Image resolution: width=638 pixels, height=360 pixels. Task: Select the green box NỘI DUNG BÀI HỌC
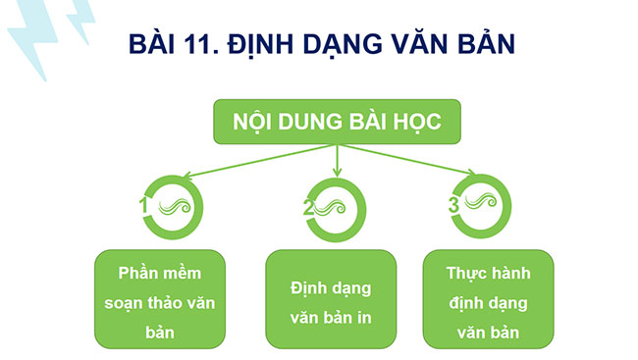[337, 123]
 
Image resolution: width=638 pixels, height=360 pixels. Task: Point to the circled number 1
[143, 206]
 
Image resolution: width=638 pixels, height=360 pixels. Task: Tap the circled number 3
[453, 206]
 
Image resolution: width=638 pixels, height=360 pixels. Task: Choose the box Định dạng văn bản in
[332, 300]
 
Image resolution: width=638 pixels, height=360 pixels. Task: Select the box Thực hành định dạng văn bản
[487, 300]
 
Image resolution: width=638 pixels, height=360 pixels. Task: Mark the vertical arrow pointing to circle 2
[337, 162]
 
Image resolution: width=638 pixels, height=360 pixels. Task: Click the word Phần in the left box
[136, 271]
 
